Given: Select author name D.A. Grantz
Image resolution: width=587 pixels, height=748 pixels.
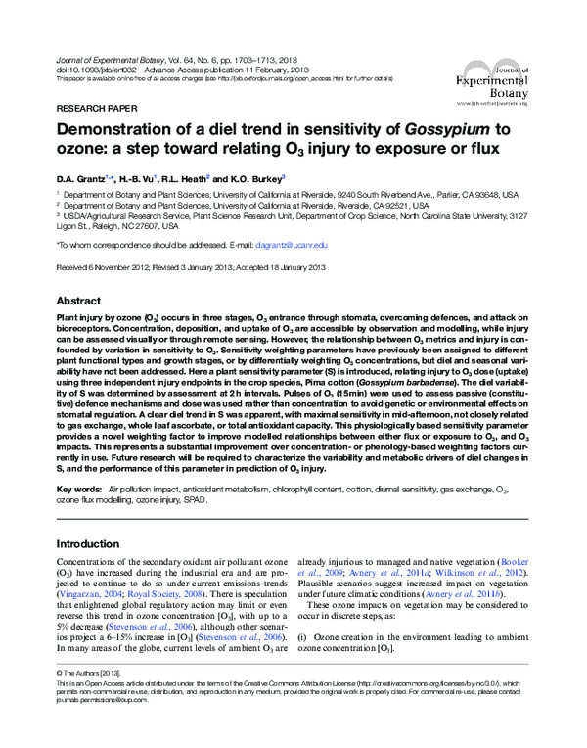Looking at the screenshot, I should point(81,179).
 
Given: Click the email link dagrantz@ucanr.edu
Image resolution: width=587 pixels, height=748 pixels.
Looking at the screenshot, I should point(285,245).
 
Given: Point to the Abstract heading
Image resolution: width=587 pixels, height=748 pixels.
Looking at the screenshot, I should point(78,302).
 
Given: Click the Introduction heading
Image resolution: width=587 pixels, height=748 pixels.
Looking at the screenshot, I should point(88,543).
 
